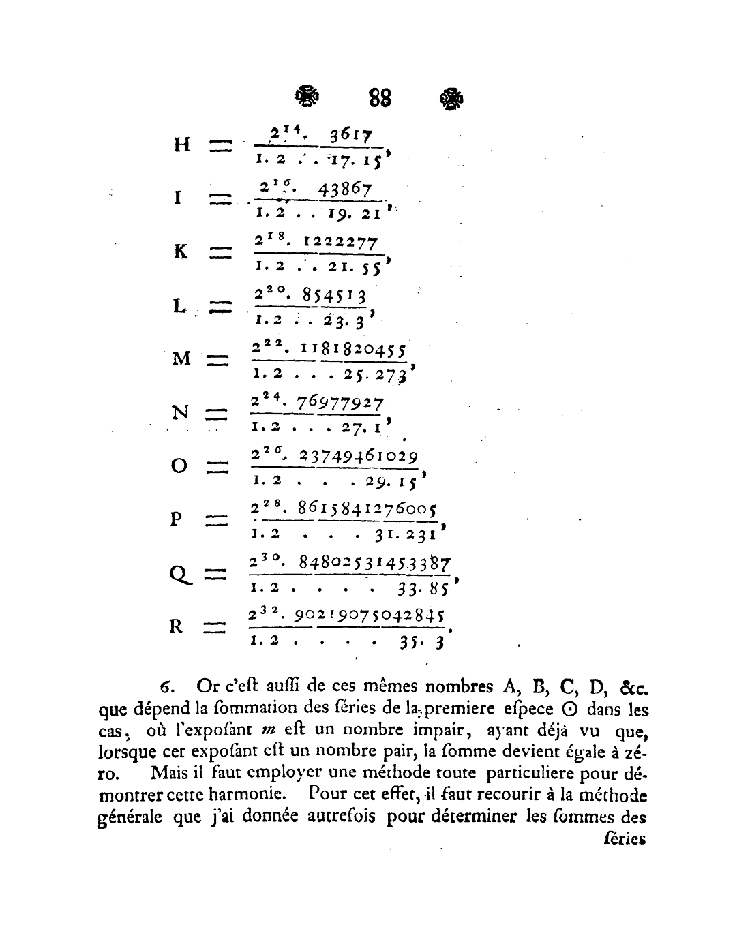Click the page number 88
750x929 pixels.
(x=380, y=98)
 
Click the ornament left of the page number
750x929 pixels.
(x=307, y=97)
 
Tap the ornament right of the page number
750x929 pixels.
(x=452, y=99)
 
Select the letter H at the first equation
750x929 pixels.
(x=181, y=145)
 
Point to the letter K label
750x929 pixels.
(x=181, y=252)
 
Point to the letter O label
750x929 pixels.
(x=179, y=467)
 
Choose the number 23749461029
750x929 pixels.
(x=353, y=457)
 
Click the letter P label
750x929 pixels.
(x=176, y=519)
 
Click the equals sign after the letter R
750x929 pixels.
(x=215, y=627)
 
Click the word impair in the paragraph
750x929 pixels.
(x=432, y=731)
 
